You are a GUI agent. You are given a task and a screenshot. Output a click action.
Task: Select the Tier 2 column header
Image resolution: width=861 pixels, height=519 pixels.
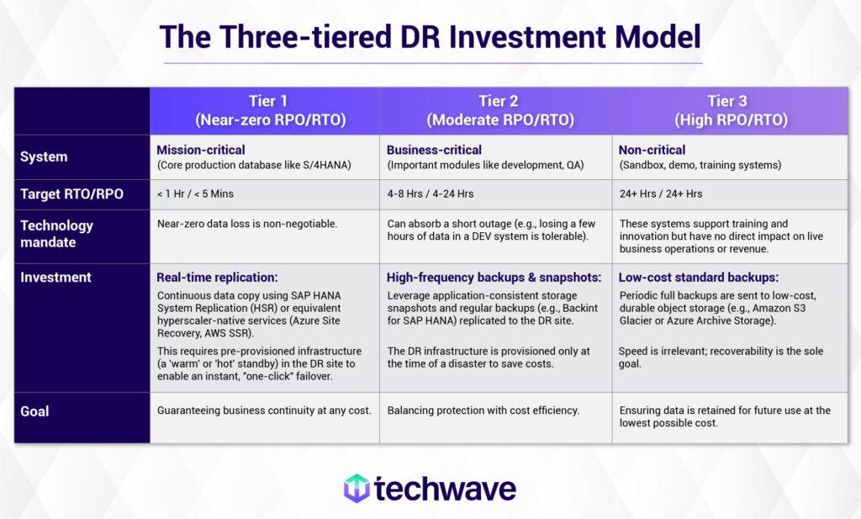(x=499, y=110)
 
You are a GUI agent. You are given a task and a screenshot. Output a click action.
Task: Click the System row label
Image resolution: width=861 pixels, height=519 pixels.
(x=44, y=157)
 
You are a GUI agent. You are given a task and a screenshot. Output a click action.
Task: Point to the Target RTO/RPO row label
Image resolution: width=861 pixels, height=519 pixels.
(x=71, y=194)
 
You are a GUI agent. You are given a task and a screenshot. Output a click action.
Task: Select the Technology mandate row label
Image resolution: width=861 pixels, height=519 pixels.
(x=56, y=234)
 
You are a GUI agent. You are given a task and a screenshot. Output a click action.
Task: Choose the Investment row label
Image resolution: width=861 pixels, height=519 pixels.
(x=55, y=277)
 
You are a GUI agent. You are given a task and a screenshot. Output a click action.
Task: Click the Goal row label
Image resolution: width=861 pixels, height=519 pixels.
(x=34, y=411)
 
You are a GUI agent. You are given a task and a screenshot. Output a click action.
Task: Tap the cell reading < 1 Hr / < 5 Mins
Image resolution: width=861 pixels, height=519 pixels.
(x=195, y=194)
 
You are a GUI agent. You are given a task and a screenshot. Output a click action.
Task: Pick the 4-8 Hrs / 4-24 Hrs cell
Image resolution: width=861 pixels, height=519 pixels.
(x=430, y=194)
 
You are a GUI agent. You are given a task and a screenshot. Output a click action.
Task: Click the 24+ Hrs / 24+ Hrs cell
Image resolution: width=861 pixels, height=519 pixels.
(x=661, y=194)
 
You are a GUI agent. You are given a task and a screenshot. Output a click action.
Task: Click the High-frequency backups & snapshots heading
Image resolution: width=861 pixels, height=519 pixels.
(x=494, y=277)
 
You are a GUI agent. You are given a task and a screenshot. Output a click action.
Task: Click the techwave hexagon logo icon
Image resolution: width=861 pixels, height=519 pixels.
(x=357, y=488)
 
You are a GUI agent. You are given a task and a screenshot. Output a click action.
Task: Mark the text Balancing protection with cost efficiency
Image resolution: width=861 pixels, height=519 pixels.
(x=483, y=410)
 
